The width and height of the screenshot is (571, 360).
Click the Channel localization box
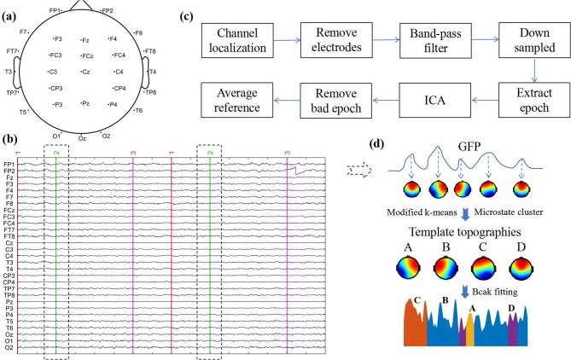tap(237, 39)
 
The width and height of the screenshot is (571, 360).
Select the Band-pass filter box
tap(431, 39)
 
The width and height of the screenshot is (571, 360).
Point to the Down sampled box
tap(535, 39)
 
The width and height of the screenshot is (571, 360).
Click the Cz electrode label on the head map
tap(86, 71)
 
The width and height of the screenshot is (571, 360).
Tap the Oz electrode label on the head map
tap(82, 137)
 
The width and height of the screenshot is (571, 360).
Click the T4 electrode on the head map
tap(152, 71)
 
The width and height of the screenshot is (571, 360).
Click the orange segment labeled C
tap(416, 329)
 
